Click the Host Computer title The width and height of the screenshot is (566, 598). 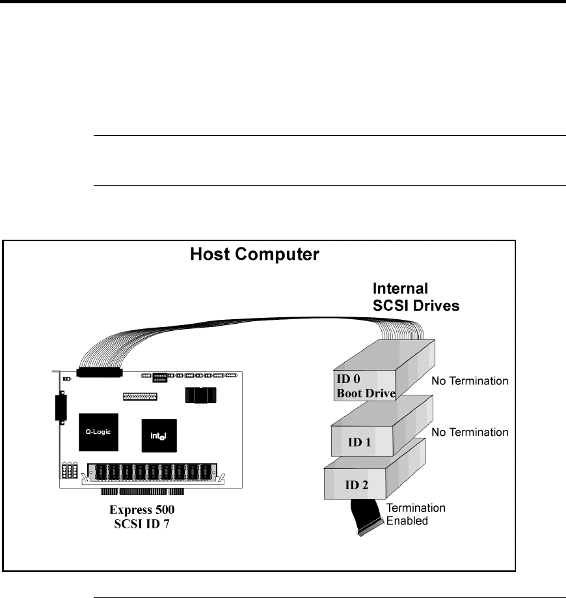254,255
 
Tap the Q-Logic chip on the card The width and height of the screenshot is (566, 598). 99,432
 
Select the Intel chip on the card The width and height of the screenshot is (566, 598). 159,436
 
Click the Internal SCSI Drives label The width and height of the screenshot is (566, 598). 416,297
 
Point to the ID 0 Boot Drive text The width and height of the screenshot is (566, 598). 366,386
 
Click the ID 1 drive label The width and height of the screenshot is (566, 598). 359,442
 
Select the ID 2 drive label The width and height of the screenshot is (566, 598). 357,485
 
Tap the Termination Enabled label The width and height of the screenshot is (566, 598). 416,514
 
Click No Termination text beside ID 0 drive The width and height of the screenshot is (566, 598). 470,380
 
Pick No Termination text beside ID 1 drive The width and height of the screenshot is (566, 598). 470,432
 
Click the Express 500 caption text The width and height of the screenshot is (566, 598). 142,509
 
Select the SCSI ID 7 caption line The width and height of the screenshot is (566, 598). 142,524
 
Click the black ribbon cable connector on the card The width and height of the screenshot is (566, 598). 100,373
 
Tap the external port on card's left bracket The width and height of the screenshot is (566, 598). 61,408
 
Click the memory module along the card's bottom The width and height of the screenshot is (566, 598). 152,473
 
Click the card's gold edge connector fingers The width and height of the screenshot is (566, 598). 142,492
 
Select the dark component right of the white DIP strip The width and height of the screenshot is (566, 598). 201,395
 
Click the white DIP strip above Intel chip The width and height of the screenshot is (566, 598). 140,396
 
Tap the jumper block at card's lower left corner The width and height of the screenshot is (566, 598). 70,470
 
